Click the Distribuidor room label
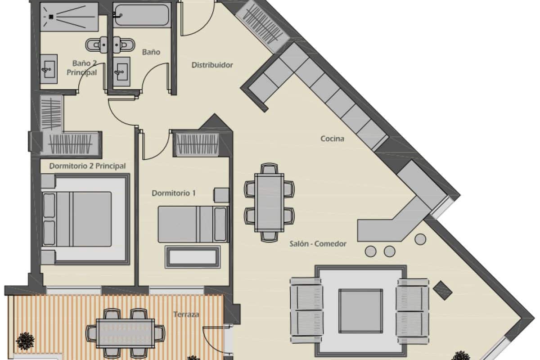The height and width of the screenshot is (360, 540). pos(212,65)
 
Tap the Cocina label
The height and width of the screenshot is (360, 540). pos(332,139)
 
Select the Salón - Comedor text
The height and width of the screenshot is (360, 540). pos(318,244)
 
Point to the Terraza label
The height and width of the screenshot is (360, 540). pos(186,315)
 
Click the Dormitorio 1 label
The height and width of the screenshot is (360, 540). pos(173,193)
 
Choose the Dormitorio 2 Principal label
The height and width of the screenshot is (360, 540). pos(87,166)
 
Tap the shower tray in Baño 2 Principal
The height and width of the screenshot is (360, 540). pos(69,17)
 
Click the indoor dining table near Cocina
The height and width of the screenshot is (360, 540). pos(269,202)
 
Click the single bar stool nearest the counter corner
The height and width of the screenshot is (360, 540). pos(420,238)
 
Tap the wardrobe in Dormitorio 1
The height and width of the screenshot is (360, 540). pos(196,144)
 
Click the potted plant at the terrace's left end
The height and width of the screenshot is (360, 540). pos(25,341)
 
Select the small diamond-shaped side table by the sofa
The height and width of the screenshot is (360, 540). pos(443,290)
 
